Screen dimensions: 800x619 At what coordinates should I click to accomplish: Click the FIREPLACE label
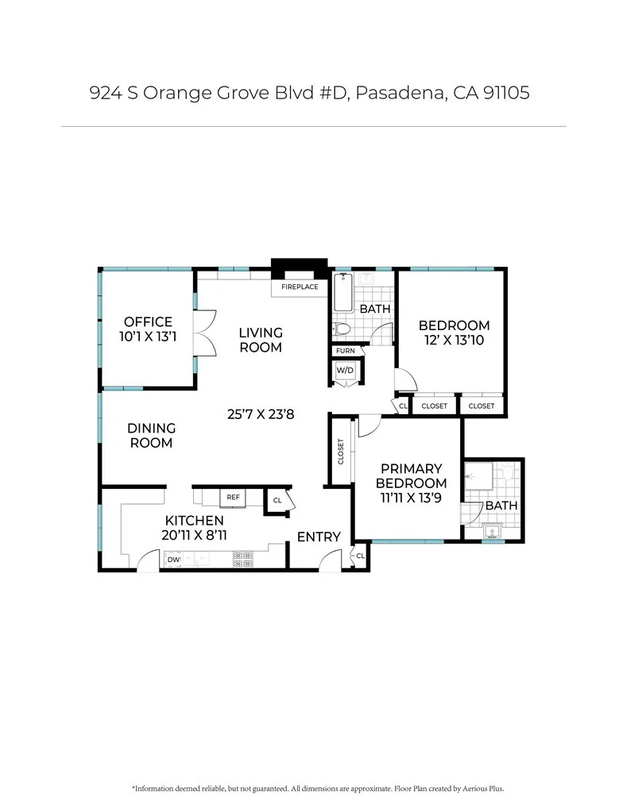[300, 287]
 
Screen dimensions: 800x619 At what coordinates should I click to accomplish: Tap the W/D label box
[345, 371]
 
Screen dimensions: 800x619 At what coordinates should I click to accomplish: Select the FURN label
[345, 350]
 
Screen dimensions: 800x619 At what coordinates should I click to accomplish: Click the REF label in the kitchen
[233, 497]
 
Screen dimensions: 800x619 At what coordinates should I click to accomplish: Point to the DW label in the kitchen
[173, 560]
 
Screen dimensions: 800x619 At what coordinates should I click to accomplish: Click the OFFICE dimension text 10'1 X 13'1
[147, 337]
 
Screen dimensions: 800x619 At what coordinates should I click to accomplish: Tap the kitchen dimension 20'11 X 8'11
[194, 535]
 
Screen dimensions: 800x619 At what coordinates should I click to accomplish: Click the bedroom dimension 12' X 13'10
[454, 340]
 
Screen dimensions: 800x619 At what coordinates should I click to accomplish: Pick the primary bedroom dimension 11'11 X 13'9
[411, 498]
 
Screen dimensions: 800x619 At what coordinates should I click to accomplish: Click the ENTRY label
[319, 537]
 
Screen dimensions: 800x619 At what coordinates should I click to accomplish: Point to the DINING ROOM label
[150, 435]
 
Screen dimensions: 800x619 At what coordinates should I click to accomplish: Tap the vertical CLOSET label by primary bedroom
[341, 452]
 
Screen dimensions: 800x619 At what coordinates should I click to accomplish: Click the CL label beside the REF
[277, 501]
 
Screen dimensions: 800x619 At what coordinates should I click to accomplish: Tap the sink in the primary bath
[492, 531]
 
